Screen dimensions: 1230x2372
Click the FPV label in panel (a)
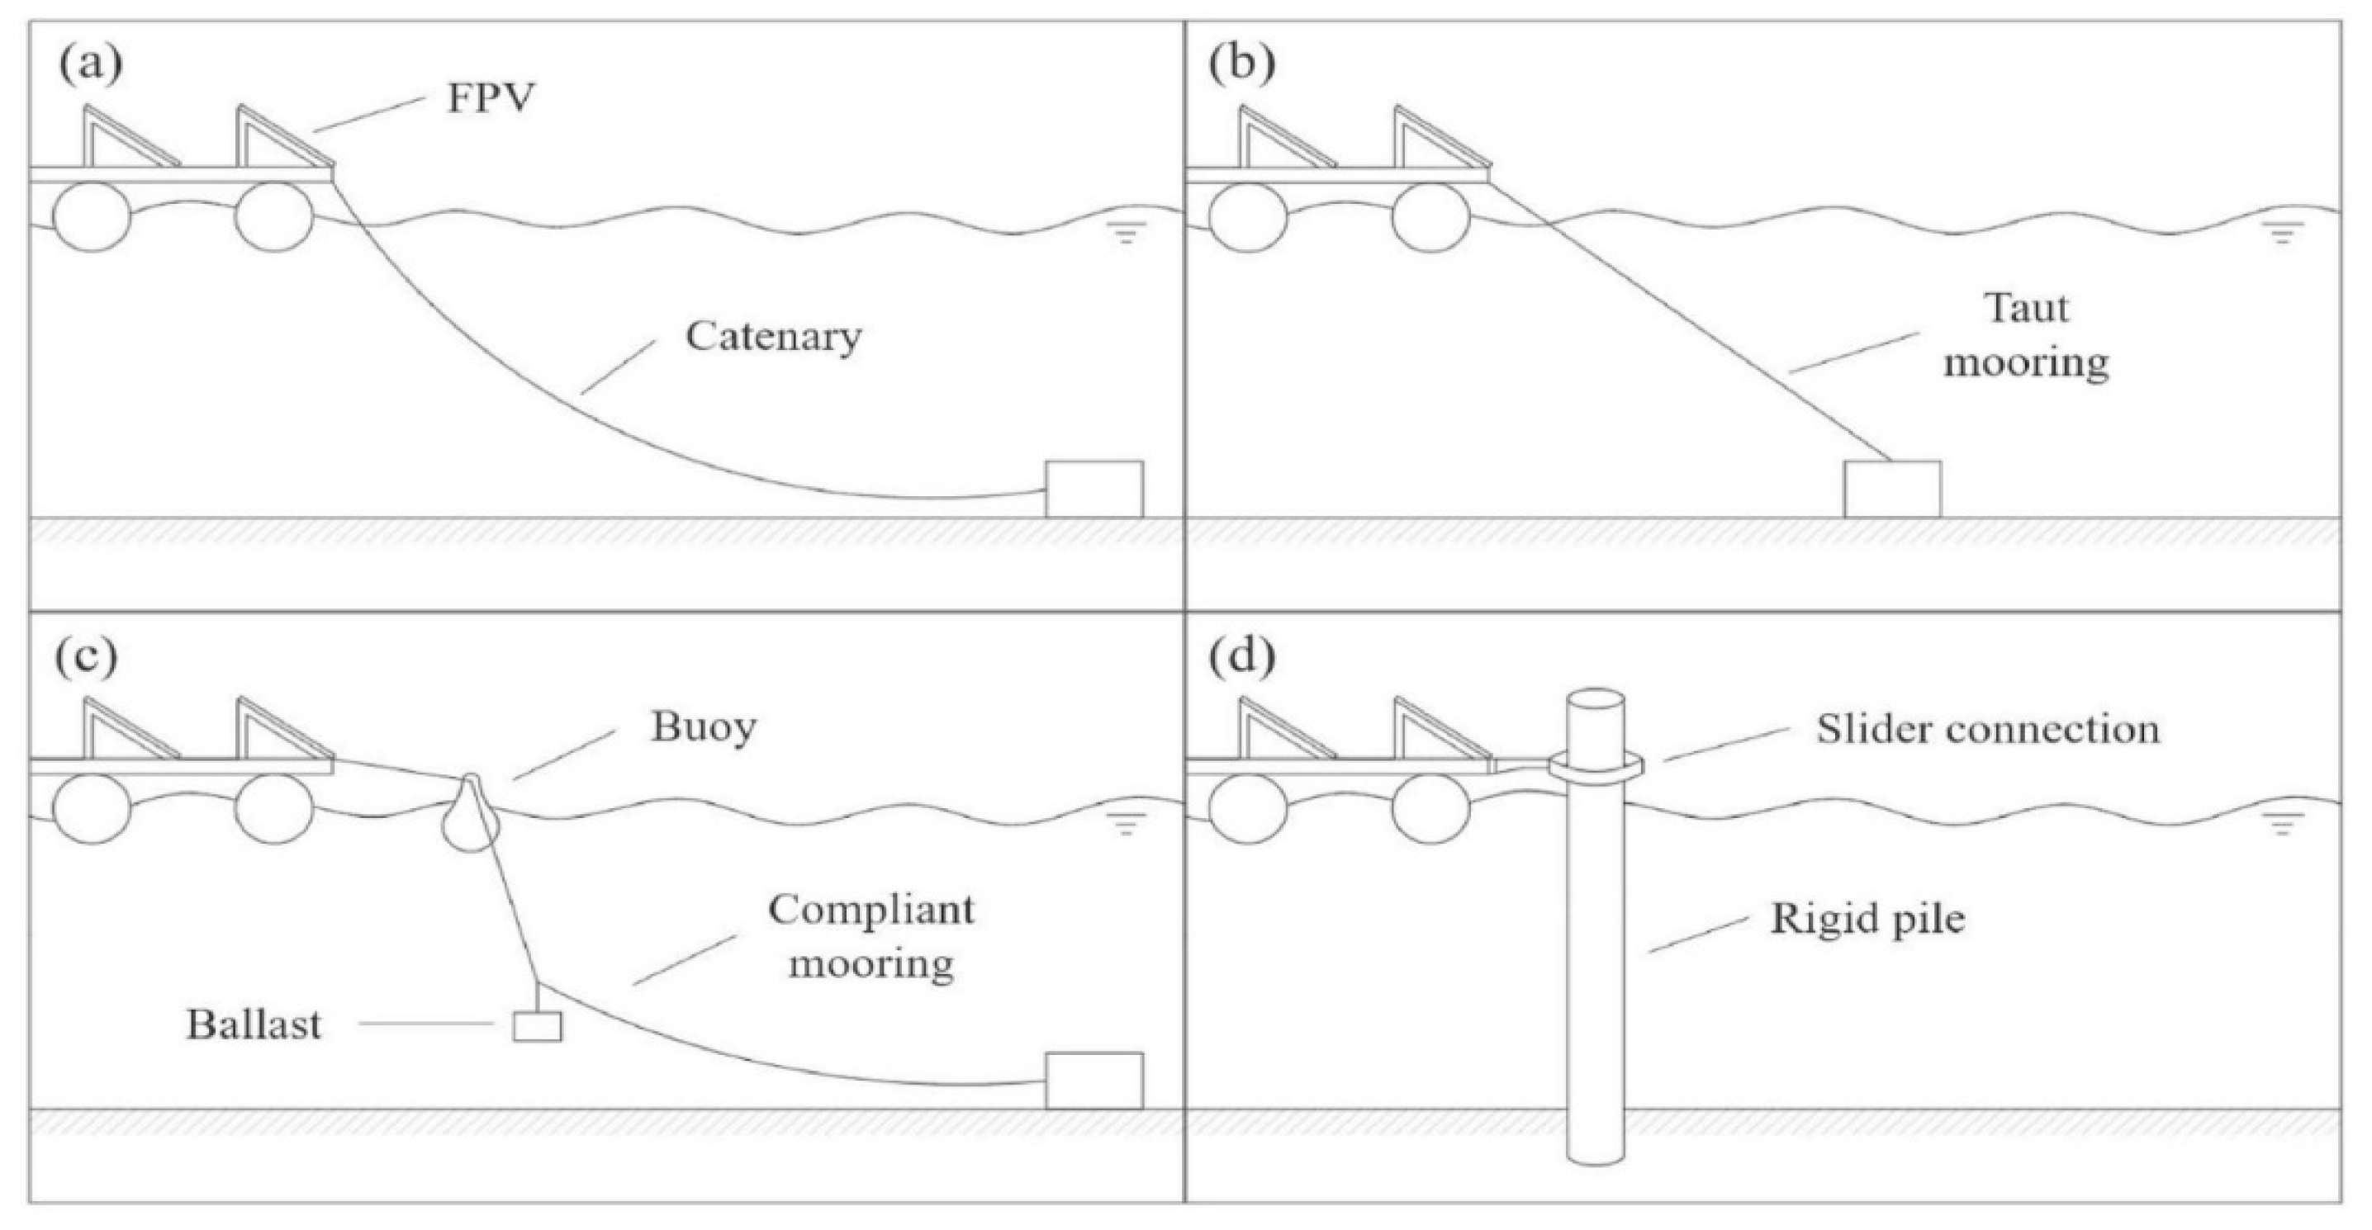coord(490,97)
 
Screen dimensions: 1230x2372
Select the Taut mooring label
coord(2026,335)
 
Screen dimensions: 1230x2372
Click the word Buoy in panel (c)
coord(704,727)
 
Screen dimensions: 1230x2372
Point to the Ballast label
coord(254,1024)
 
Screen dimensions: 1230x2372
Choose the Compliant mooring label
coord(871,936)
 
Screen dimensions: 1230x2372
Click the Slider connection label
coord(1987,729)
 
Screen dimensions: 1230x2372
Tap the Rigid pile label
coord(1867,919)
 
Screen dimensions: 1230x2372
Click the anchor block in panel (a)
coord(1094,489)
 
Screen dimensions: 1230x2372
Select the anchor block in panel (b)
coord(1892,489)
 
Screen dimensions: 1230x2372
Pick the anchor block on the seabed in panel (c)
coord(1094,1081)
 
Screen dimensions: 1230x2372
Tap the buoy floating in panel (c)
coord(472,815)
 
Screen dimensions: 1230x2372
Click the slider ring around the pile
coord(1596,765)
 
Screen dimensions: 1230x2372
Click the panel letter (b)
coord(1241,64)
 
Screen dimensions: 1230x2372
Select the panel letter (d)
coord(1241,656)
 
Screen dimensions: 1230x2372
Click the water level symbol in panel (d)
coord(2282,826)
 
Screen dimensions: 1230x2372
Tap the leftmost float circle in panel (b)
coord(1247,217)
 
